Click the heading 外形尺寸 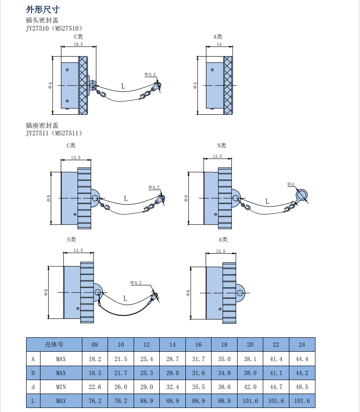click(x=43, y=9)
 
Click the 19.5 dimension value click(x=78, y=45)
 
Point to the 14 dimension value click(x=219, y=45)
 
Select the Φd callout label click(x=291, y=184)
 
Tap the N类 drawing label click(x=221, y=145)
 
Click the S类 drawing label click(x=72, y=239)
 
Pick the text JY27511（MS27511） click(x=54, y=133)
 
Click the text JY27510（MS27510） click(x=54, y=28)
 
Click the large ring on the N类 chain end click(x=302, y=195)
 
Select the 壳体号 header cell click(x=54, y=345)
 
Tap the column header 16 click(x=198, y=345)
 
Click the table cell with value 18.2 click(x=95, y=359)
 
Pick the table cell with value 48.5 click(x=302, y=387)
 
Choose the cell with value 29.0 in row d click(x=147, y=387)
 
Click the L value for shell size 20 click(x=250, y=401)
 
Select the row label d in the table click(x=33, y=387)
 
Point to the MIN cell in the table click(x=61, y=387)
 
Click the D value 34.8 click(x=224, y=373)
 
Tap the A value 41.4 click(x=276, y=359)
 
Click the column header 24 click(x=302, y=345)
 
